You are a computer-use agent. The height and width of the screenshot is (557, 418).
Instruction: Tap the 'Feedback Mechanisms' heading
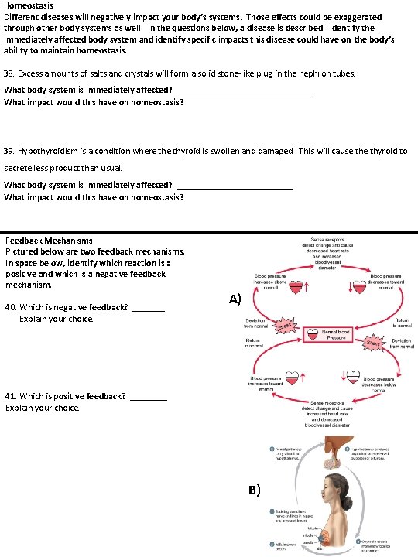[x=49, y=241]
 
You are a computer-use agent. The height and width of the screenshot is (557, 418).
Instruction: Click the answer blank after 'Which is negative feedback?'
[x=149, y=308]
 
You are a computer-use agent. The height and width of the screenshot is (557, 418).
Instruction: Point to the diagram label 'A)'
[x=235, y=299]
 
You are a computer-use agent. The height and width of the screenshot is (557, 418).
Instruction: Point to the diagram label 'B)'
[x=255, y=490]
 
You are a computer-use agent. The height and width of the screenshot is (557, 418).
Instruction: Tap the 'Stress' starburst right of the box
[x=374, y=343]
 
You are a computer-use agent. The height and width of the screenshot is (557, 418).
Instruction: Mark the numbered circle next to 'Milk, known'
[x=272, y=545]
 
